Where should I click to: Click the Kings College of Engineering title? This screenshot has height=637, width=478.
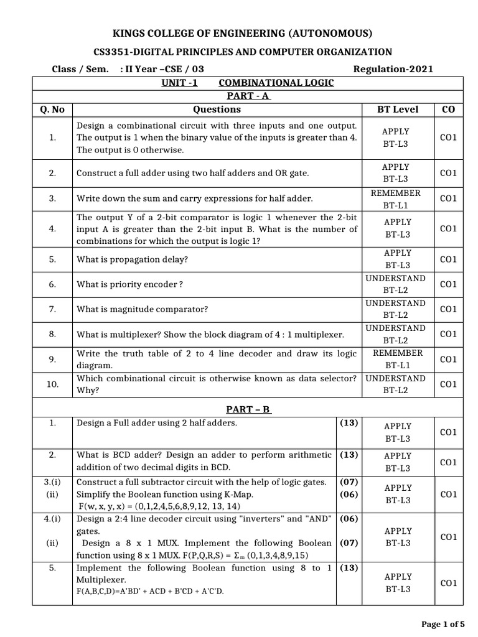tap(239, 33)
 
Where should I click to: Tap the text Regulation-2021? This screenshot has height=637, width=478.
tap(393, 69)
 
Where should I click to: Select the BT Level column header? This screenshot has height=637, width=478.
tap(398, 109)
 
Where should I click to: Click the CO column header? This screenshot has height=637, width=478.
tap(448, 109)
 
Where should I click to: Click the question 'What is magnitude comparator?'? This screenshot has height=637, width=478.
tap(142, 309)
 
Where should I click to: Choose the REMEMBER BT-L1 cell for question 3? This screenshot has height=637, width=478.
tap(395, 198)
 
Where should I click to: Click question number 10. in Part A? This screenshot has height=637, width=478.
tap(52, 384)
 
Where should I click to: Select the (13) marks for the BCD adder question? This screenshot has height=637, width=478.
tap(349, 455)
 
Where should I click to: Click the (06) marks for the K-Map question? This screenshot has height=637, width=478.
tap(349, 494)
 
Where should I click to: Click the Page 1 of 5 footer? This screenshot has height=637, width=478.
tap(443, 624)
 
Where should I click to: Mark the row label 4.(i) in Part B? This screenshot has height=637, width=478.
tap(52, 519)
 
